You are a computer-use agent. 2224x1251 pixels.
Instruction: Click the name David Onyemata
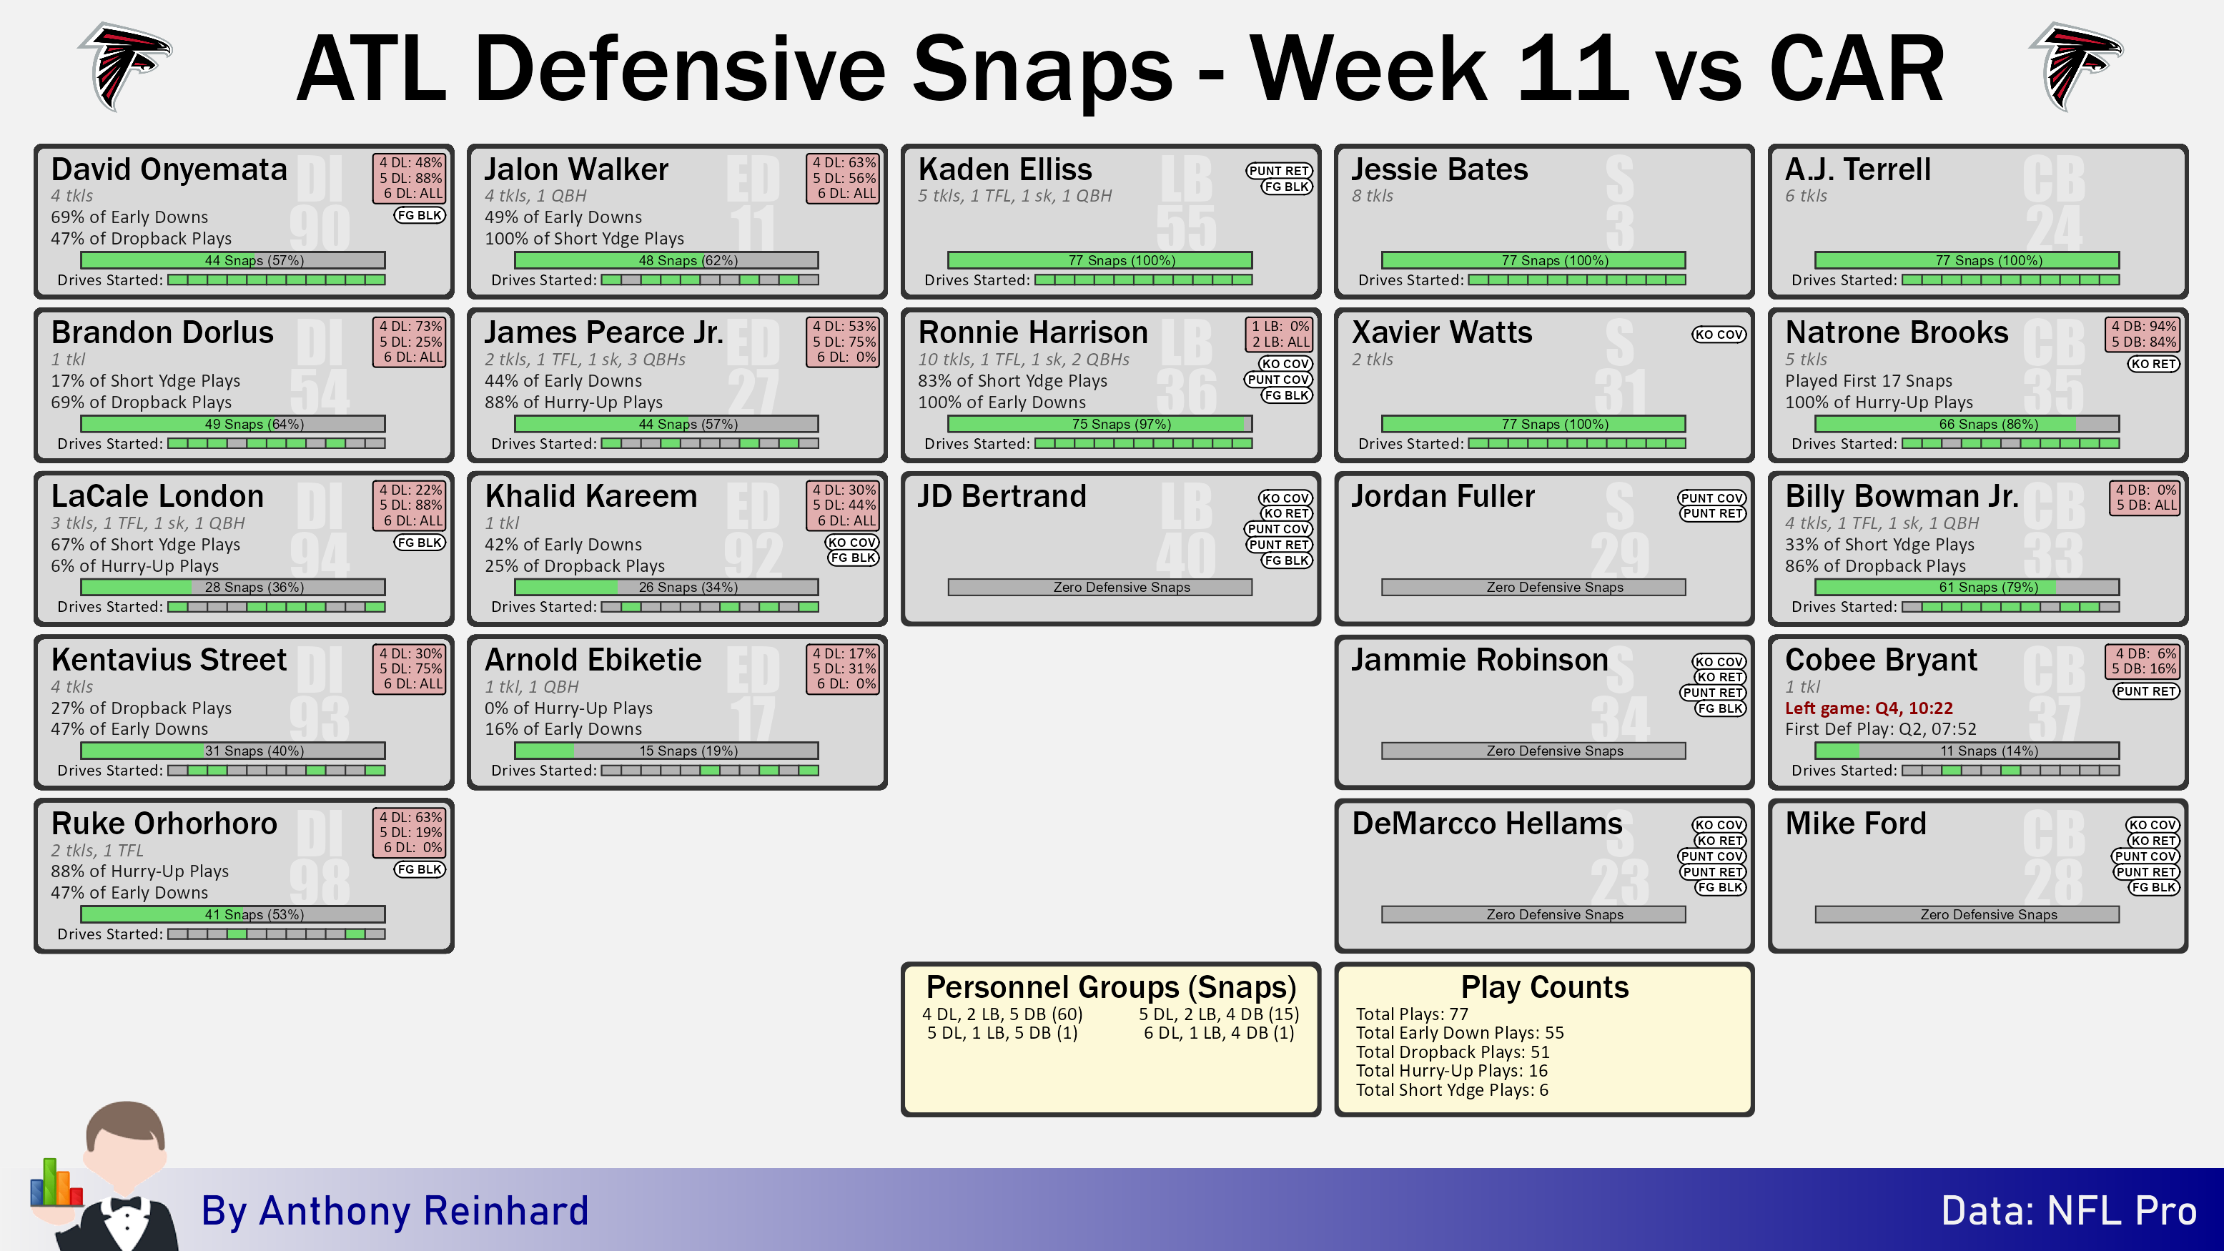pos(169,170)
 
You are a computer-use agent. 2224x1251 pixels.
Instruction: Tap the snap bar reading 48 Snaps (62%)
pos(666,260)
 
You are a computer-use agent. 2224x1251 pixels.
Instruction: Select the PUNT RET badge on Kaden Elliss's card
pos(1279,171)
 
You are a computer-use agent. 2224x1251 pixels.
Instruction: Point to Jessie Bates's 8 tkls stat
pos(1373,196)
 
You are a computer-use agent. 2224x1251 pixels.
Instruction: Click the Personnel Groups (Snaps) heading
pos(1111,987)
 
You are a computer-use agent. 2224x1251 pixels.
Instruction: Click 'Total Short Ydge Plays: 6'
pos(1452,1090)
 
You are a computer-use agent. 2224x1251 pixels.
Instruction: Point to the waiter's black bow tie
pos(126,1205)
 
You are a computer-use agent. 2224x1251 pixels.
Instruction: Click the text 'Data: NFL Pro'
pos(2069,1211)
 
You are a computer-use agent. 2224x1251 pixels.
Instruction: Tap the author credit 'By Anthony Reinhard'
pos(395,1211)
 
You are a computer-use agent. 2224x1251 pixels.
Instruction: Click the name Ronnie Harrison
pos(1032,333)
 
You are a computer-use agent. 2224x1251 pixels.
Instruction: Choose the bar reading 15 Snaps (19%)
pos(666,751)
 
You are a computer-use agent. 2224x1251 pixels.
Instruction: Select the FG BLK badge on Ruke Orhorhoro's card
pos(420,869)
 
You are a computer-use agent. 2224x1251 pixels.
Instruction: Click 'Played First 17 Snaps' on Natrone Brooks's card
pos(1868,381)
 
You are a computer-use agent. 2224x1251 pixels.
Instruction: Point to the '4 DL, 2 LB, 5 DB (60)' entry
pos(1002,1014)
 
